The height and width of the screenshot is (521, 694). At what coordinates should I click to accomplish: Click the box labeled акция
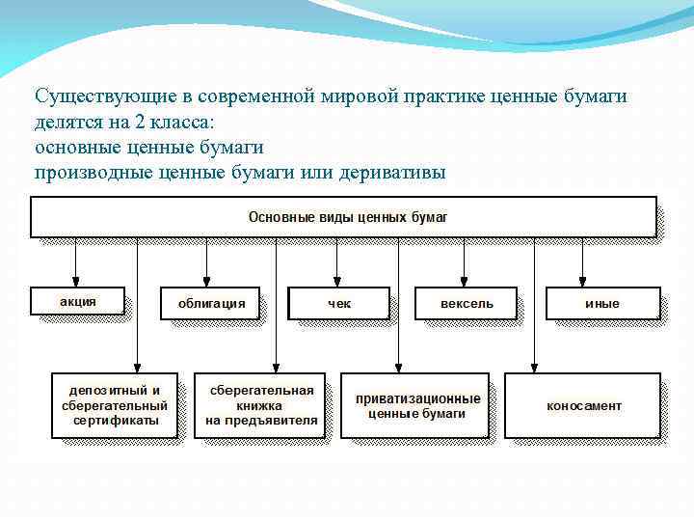click(x=78, y=301)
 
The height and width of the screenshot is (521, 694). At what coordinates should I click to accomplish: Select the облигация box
click(x=211, y=303)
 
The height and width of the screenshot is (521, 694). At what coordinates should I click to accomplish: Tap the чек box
click(x=339, y=303)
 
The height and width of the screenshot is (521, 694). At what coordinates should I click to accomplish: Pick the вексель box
click(x=467, y=303)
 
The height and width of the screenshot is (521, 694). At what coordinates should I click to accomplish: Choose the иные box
click(x=602, y=303)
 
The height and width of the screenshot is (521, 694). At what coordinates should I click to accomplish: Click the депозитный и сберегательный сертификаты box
click(x=115, y=405)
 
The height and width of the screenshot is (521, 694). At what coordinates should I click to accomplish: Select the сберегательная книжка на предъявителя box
click(x=261, y=405)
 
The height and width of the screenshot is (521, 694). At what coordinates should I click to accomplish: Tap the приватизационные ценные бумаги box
click(x=417, y=405)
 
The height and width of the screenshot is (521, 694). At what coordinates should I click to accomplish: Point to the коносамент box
click(x=583, y=405)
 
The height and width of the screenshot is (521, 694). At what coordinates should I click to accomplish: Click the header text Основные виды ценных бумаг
click(x=348, y=217)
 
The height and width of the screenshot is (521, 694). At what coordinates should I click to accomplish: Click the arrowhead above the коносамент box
click(x=534, y=368)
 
